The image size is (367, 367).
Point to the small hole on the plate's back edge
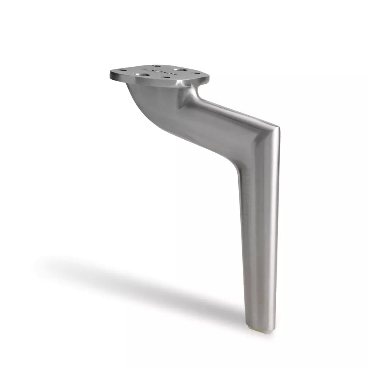click(156, 66)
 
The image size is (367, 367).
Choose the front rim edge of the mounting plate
click(158, 82)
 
